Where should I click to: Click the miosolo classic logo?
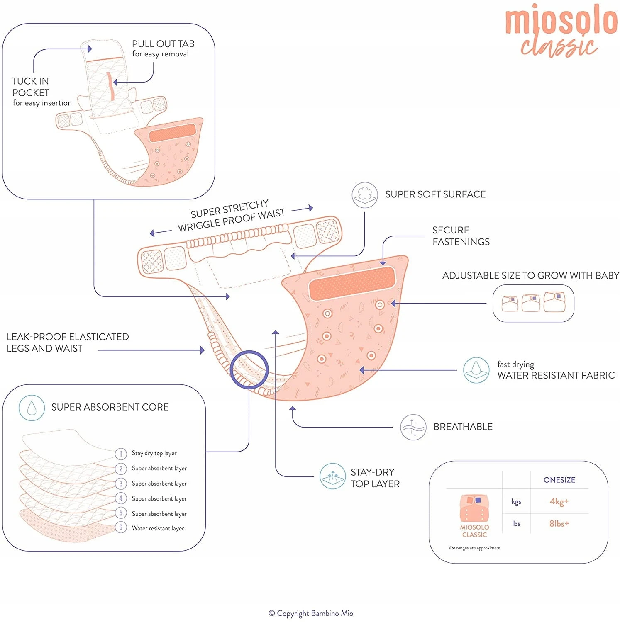560,31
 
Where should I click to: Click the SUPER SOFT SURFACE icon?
364,195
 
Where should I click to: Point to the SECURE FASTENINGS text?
461,236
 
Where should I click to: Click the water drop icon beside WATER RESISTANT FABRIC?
476,370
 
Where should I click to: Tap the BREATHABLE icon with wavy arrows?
413,427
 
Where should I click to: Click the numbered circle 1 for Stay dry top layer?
121,454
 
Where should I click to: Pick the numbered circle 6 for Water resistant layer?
121,527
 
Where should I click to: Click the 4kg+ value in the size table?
559,501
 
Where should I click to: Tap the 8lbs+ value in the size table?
559,523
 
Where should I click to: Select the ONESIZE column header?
559,480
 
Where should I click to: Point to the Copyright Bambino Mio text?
311,613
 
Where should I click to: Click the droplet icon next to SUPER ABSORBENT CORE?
32,408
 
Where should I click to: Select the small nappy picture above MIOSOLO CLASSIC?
474,508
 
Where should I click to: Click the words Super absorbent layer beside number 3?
159,484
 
